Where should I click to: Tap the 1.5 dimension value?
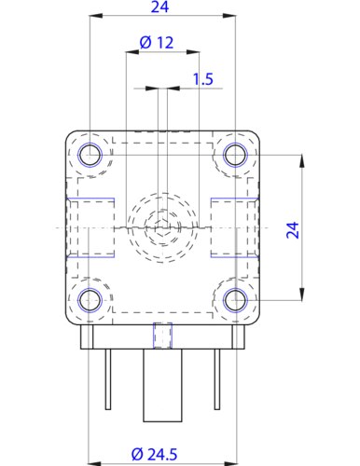click(201, 79)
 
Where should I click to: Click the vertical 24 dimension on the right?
click(292, 229)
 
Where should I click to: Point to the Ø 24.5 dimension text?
click(155, 454)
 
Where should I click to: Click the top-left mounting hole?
click(90, 155)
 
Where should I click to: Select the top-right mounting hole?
click(235, 155)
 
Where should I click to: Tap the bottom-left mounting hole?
click(90, 299)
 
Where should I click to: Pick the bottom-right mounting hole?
click(235, 299)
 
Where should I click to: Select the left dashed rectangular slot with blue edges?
click(91, 227)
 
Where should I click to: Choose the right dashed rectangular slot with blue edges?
click(233, 227)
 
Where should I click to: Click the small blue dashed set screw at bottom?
click(162, 333)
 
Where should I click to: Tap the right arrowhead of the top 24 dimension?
click(229, 17)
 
